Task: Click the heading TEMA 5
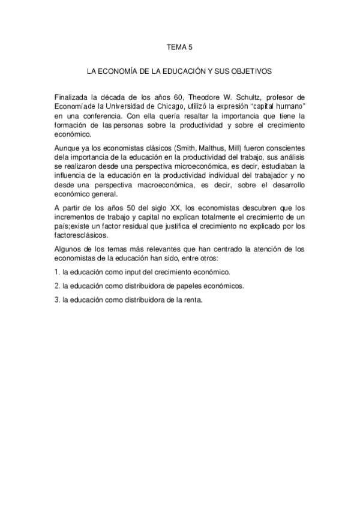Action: [179, 46]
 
